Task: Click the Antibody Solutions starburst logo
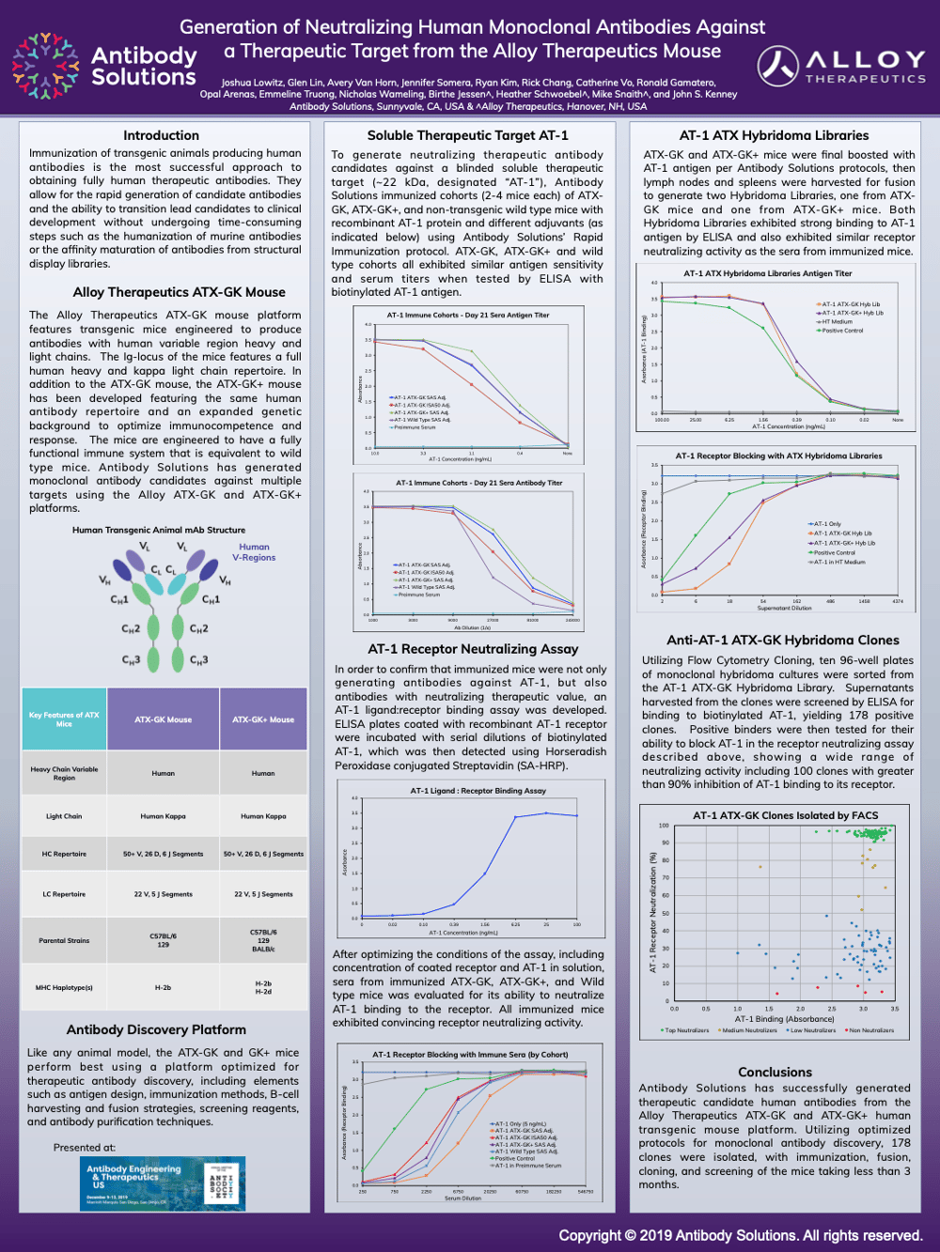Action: point(44,66)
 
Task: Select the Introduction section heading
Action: point(161,135)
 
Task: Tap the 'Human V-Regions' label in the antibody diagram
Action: point(254,552)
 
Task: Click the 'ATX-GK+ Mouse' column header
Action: point(263,719)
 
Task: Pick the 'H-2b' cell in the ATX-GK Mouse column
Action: point(163,988)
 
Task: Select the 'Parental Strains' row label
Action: point(64,940)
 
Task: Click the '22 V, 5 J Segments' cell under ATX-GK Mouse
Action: point(163,894)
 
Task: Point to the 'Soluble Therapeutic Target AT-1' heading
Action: point(467,135)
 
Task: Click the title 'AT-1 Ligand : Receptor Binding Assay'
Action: point(478,791)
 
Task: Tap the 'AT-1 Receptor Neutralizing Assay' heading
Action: point(473,649)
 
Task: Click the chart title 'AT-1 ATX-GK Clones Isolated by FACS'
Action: point(785,815)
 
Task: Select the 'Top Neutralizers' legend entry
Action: point(686,1030)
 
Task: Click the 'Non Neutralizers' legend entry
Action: point(870,1030)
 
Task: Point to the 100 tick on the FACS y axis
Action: point(664,826)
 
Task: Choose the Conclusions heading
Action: point(775,1072)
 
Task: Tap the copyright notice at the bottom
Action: point(740,1235)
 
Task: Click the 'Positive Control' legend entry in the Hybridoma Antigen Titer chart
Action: point(843,331)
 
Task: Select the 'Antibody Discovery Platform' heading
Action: point(156,1029)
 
